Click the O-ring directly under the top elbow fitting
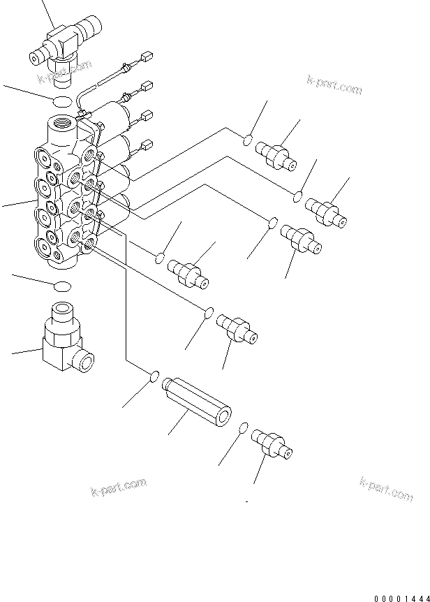pos(61,103)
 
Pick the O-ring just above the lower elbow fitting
pos(62,285)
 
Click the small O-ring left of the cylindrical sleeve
pos(154,377)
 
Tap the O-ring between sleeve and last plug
pos(243,427)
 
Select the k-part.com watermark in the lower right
pos(386,489)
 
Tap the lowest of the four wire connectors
pos(147,145)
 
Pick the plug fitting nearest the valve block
pos(190,272)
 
